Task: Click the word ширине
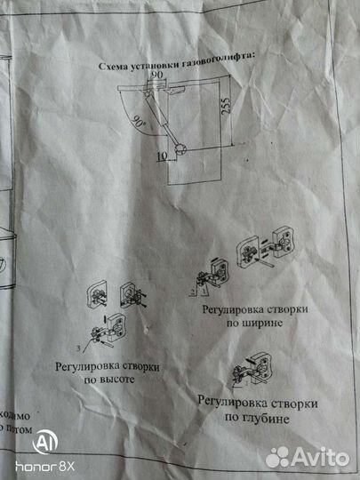(x=260, y=324)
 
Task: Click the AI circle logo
(x=41, y=443)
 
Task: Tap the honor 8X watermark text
(x=44, y=466)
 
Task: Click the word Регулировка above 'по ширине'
(x=223, y=311)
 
